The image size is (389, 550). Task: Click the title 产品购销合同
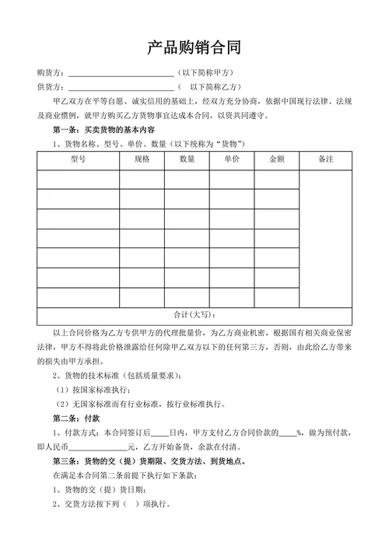tap(194, 48)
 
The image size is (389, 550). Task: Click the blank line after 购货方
tap(121, 74)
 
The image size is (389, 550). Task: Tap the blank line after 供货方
tap(121, 87)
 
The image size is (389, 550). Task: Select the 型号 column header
tap(78, 159)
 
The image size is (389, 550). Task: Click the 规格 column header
tap(142, 159)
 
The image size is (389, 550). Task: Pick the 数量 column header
tap(187, 159)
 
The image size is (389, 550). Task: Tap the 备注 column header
tap(326, 159)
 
